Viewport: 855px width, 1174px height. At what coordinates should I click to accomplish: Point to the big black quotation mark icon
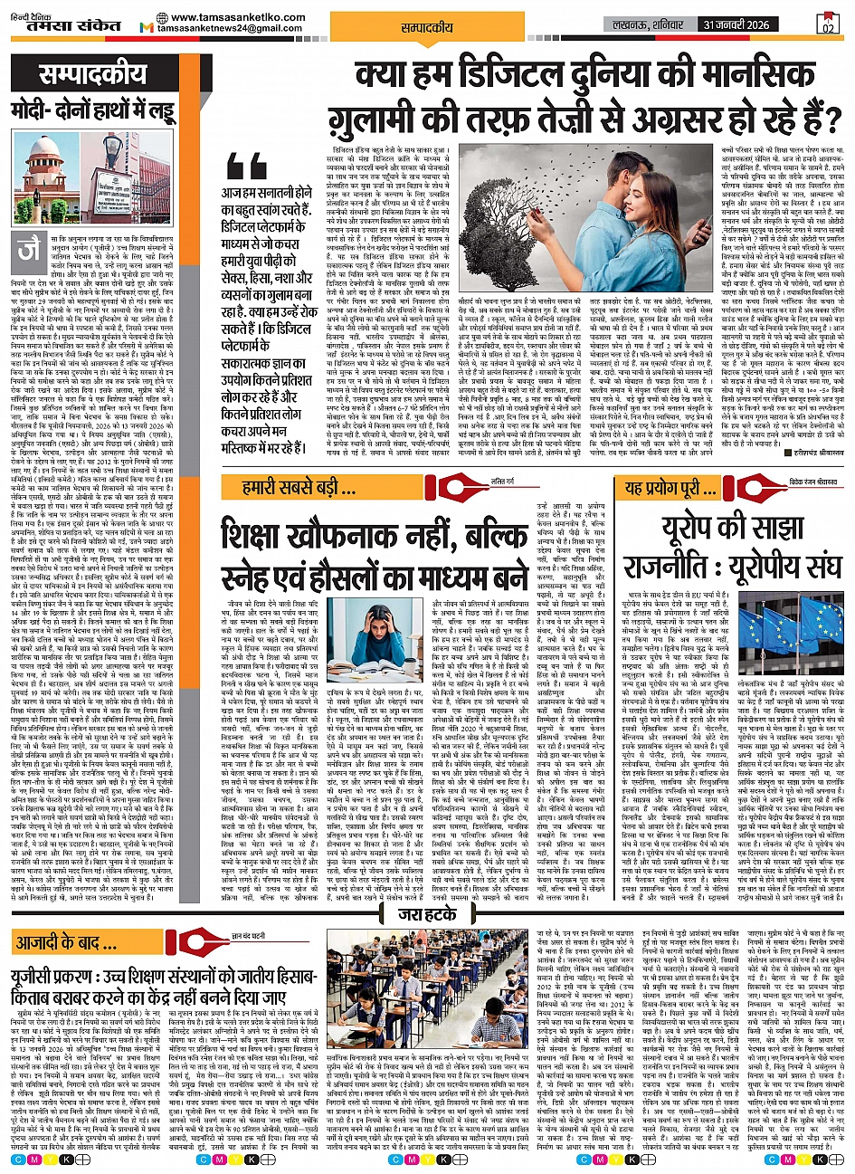tap(248, 166)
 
